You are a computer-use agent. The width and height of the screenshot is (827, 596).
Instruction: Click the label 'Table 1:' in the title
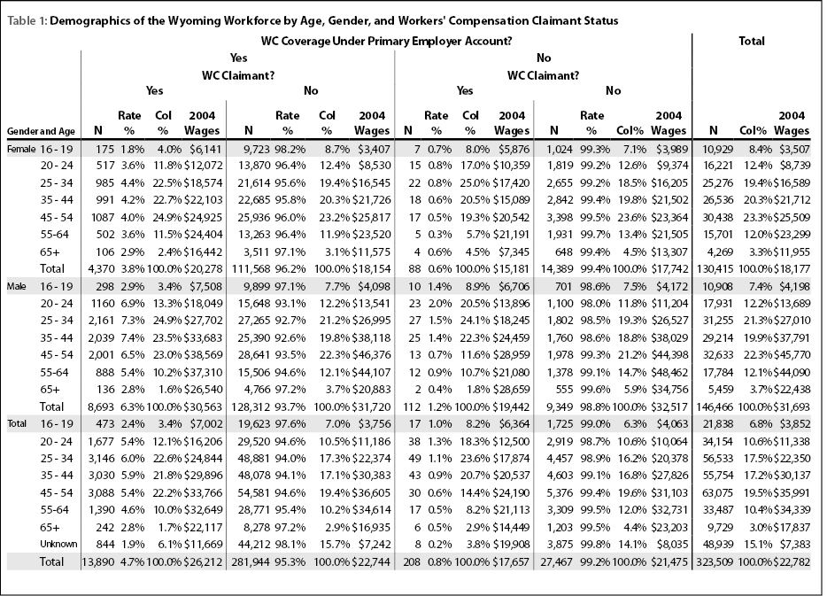click(x=27, y=21)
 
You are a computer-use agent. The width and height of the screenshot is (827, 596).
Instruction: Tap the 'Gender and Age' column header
click(x=41, y=131)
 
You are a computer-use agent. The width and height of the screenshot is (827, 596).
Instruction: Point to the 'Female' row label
click(x=21, y=150)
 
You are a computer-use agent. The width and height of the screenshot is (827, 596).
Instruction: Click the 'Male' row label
click(x=16, y=287)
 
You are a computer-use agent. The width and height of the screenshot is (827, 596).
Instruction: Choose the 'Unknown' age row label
click(x=58, y=545)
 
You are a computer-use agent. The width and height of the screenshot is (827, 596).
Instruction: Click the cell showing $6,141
click(x=206, y=150)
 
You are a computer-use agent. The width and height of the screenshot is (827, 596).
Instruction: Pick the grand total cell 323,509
click(x=715, y=562)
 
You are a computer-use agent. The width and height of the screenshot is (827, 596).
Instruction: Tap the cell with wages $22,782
click(x=792, y=562)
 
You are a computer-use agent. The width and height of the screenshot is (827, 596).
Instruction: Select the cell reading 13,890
click(x=98, y=562)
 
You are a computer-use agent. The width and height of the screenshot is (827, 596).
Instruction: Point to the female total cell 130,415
click(x=715, y=269)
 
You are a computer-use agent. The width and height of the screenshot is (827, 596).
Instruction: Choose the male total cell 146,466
click(x=715, y=407)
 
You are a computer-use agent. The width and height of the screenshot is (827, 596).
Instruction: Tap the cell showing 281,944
click(x=251, y=562)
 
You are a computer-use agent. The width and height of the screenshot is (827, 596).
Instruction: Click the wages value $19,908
click(x=511, y=545)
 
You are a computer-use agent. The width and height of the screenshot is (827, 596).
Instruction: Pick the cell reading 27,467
click(x=556, y=562)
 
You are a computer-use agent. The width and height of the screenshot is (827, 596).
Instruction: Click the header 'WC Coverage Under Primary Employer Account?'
click(x=387, y=41)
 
